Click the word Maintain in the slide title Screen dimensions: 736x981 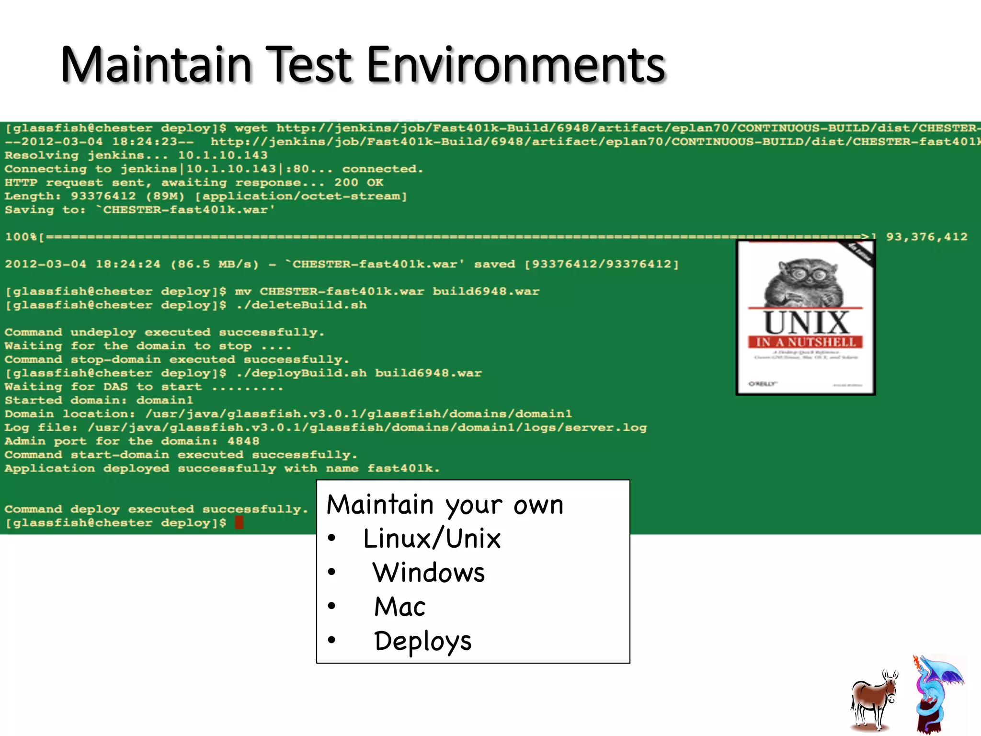pyautogui.click(x=156, y=65)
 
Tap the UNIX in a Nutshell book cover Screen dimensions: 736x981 pyautogui.click(x=806, y=317)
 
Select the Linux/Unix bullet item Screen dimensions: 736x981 pyautogui.click(x=432, y=539)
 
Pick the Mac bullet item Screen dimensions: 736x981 pyautogui.click(x=400, y=607)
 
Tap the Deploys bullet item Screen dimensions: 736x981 pyautogui.click(x=423, y=641)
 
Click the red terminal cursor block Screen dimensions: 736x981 pyautogui.click(x=240, y=522)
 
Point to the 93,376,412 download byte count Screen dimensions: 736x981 pyautogui.click(x=926, y=237)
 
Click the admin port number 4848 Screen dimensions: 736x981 pyautogui.click(x=243, y=441)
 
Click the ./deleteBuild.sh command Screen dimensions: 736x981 pyautogui.click(x=301, y=305)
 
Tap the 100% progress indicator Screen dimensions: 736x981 pyautogui.click(x=21, y=237)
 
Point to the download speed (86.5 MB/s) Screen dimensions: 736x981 pyautogui.click(x=215, y=264)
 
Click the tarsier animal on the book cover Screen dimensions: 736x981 pyautogui.click(x=806, y=282)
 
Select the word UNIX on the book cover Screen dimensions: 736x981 pyautogui.click(x=806, y=322)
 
